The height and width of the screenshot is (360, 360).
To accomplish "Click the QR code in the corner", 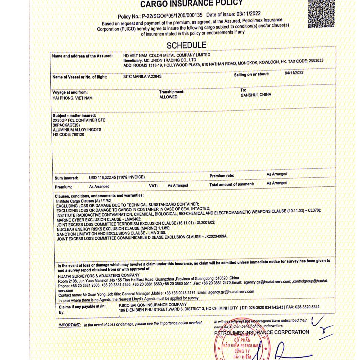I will [x=321, y=13].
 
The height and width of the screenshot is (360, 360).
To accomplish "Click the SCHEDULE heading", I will [x=186, y=45].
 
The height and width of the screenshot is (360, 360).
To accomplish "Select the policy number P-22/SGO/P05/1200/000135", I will [x=172, y=16].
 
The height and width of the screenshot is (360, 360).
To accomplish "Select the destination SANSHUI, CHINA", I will [x=256, y=95].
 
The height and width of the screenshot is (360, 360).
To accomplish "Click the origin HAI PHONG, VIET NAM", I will [x=72, y=98].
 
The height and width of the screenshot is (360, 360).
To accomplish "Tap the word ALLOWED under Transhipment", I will [x=168, y=97].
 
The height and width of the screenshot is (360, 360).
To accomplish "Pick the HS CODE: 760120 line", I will [x=66, y=134].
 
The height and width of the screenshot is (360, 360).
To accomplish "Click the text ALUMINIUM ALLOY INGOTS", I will [x=77, y=130].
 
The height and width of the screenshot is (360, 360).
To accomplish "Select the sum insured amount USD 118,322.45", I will [x=106, y=177].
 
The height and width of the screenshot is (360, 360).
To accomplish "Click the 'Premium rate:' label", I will [x=222, y=176].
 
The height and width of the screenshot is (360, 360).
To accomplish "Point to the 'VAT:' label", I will [x=153, y=185].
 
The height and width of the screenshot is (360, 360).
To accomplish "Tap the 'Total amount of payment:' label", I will [x=231, y=184].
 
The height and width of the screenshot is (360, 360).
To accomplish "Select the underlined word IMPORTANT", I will [x=69, y=325].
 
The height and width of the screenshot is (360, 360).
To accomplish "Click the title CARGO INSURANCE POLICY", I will [x=191, y=4].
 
